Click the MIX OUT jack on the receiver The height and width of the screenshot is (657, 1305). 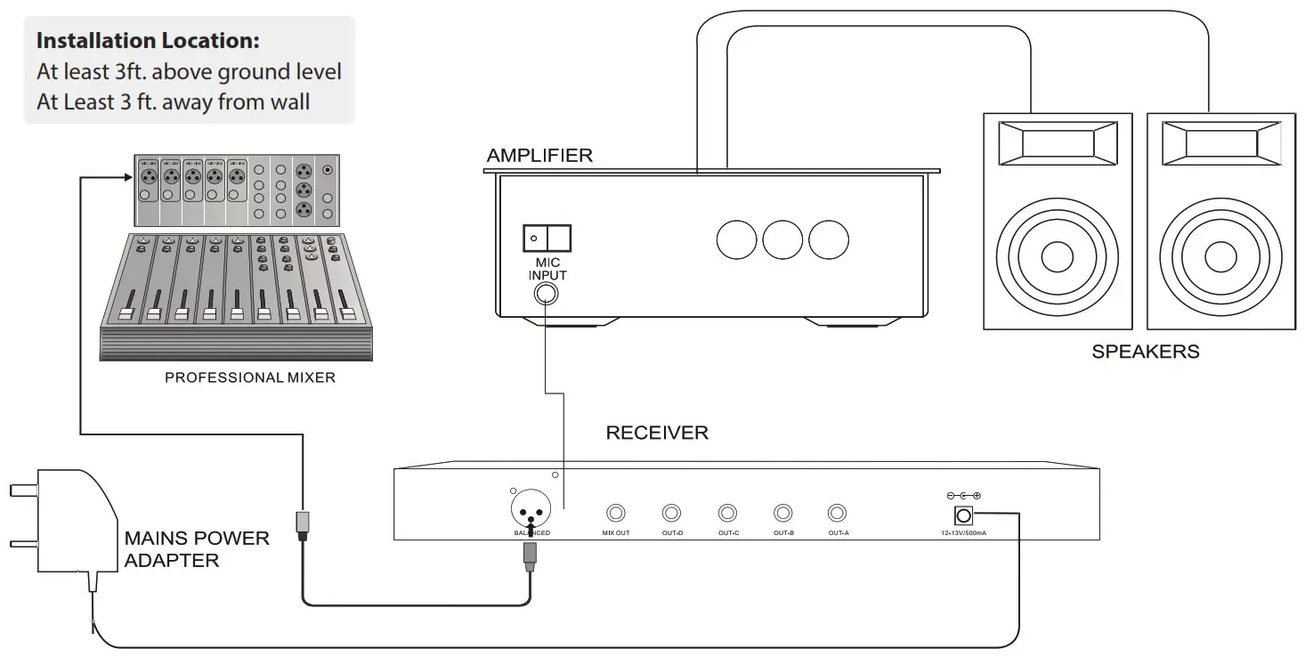click(616, 514)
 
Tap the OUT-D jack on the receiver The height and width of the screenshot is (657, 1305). click(672, 514)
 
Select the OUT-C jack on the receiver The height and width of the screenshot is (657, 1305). click(728, 514)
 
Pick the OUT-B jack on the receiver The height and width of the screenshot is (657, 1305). click(783, 514)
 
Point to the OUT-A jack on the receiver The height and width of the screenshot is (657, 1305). click(838, 514)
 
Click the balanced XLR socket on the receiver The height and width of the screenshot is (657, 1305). click(531, 511)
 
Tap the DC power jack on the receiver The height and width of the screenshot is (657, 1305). click(963, 515)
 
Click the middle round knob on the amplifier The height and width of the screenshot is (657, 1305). click(783, 239)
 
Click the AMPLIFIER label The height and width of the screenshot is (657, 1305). click(539, 156)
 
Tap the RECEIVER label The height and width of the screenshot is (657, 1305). click(657, 434)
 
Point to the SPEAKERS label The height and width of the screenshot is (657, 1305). click(1145, 352)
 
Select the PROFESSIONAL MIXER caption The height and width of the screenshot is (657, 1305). click(250, 377)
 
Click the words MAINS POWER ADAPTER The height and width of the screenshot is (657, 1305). click(196, 549)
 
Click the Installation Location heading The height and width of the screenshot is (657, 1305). click(148, 41)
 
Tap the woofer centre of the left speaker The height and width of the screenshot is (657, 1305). click(1058, 257)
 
